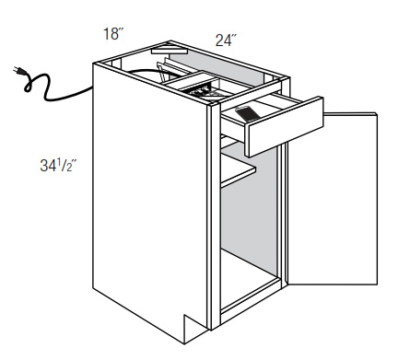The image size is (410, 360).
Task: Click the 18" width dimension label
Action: click(113, 34)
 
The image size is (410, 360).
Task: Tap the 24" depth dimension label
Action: click(226, 41)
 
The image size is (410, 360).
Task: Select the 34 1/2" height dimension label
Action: click(58, 166)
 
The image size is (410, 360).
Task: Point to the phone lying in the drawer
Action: click(246, 114)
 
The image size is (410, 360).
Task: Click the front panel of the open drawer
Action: click(285, 127)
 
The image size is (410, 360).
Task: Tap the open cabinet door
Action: click(332, 199)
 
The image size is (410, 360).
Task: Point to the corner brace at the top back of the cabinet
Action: click(169, 50)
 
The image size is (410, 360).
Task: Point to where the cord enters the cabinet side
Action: click(92, 87)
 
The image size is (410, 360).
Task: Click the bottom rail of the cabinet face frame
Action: click(251, 301)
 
